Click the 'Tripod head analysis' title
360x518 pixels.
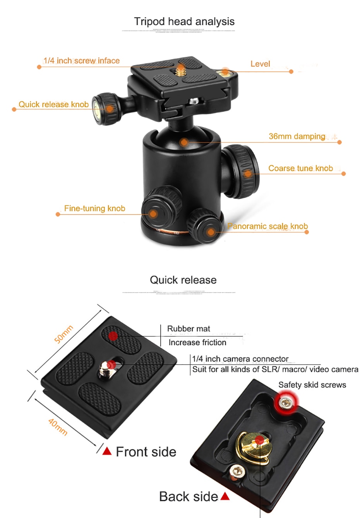coord(184,22)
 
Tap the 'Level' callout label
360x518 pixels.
coord(260,64)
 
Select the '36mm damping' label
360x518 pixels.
coord(297,136)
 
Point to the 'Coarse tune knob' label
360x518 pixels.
coord(300,168)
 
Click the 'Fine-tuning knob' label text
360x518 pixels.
coord(94,208)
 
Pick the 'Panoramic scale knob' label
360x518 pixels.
coord(267,226)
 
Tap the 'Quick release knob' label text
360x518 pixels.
coord(53,104)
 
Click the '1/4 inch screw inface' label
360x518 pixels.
coord(81,61)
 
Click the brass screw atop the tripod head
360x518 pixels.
coord(180,70)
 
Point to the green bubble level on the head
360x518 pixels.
coord(225,72)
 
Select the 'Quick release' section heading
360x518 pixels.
coord(183,280)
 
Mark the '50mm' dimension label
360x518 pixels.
coord(63,334)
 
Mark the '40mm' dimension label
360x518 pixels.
coord(58,427)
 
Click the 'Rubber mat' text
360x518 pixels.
coord(189,329)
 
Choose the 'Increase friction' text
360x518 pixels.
coord(197,342)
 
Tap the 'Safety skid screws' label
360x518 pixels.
coord(312,385)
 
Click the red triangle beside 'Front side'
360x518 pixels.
coord(107,451)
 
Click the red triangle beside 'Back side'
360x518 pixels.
coord(225,496)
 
